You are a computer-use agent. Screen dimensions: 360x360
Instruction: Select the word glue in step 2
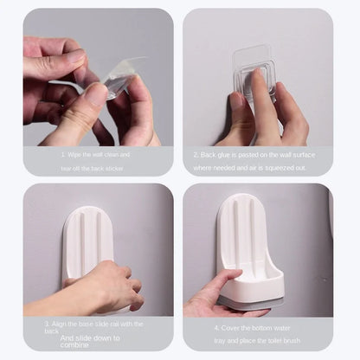click(x=228, y=154)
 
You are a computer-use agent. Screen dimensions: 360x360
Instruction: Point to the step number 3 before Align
click(x=46, y=323)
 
